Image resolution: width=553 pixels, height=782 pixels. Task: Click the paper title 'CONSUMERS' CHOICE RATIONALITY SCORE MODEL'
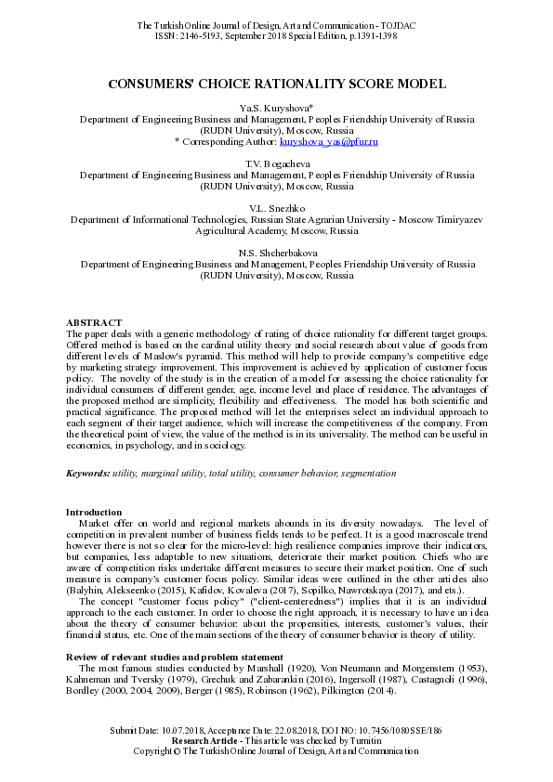coord(276,84)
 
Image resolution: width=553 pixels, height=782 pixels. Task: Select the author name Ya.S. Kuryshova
coord(276,110)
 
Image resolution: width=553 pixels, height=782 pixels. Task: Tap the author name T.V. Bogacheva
coord(276,163)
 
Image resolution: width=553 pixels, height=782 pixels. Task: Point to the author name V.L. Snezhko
coord(276,206)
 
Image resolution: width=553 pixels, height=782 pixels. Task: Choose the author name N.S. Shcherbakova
coord(276,252)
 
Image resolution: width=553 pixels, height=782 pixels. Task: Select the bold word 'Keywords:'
coord(88,474)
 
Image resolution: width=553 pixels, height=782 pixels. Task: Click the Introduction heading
coord(93,513)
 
